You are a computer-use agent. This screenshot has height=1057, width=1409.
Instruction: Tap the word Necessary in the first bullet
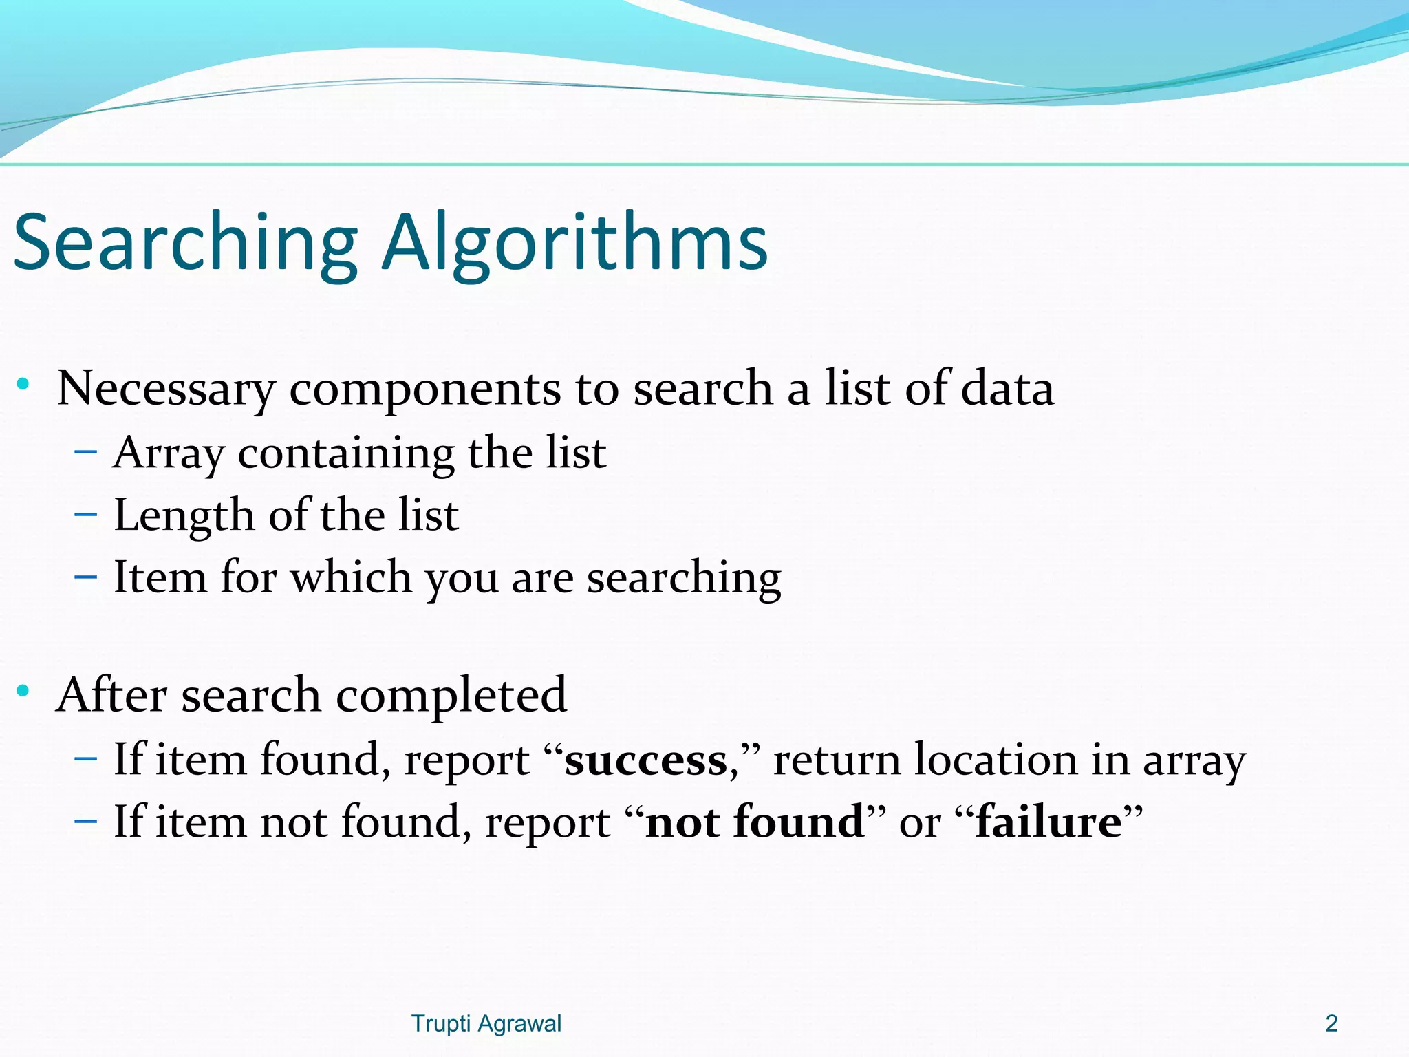[166, 389]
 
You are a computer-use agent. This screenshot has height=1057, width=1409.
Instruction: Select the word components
[424, 389]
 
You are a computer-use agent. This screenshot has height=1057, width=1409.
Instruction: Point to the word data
[1007, 388]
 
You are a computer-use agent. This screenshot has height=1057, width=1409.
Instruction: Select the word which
[351, 577]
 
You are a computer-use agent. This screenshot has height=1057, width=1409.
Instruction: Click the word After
[111, 695]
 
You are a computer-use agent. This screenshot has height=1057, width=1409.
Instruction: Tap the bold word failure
[1049, 822]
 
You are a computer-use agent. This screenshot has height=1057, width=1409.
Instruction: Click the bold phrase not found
[755, 822]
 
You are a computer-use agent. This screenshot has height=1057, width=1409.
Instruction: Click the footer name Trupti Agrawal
[486, 1024]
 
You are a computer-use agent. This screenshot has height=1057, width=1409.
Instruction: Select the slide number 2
[1331, 1024]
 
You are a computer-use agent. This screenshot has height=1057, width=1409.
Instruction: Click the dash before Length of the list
[85, 515]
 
